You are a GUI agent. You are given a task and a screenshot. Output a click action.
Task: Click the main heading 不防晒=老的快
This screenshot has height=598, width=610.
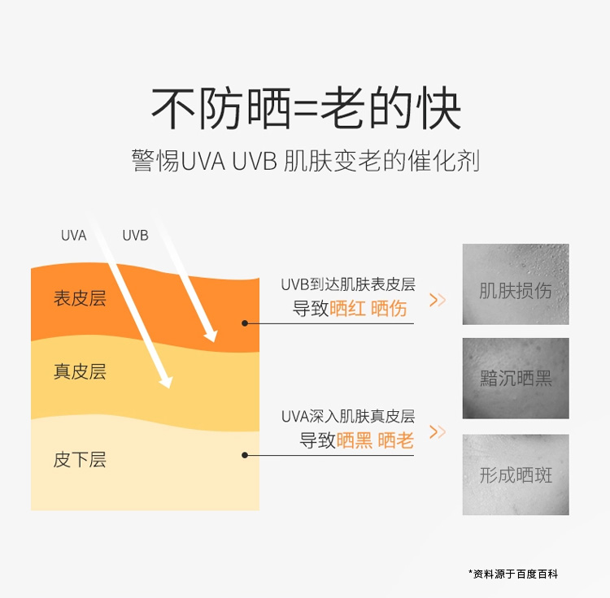tap(306, 108)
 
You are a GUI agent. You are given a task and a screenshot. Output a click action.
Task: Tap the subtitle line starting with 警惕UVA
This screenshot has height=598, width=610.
tap(305, 160)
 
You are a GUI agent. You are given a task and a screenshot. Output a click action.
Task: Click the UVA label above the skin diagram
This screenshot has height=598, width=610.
tap(73, 236)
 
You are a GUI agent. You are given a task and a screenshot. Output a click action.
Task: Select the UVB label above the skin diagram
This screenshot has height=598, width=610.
tap(135, 236)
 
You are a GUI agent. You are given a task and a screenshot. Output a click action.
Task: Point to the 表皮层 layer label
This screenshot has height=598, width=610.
tap(80, 298)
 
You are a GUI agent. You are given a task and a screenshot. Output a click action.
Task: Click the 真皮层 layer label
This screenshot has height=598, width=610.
tap(80, 371)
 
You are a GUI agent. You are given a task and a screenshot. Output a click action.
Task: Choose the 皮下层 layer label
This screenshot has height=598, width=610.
tap(80, 459)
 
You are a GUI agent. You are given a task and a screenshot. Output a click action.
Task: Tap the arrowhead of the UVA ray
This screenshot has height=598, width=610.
tap(166, 380)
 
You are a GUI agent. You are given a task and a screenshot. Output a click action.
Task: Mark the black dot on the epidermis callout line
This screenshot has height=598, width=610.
tap(244, 323)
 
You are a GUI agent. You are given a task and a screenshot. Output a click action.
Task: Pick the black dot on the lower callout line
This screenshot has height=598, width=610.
tap(244, 455)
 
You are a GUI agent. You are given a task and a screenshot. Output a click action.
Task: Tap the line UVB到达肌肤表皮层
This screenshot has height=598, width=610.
tap(348, 284)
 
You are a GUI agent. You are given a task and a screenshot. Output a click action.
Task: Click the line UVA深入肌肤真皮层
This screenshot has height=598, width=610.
tap(348, 416)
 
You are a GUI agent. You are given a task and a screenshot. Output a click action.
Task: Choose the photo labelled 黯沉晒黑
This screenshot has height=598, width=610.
tap(516, 378)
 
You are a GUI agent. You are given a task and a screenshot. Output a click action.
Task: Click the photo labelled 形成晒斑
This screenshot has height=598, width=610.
tap(516, 474)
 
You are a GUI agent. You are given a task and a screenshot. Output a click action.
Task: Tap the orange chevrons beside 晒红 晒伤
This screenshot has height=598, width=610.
tap(438, 300)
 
